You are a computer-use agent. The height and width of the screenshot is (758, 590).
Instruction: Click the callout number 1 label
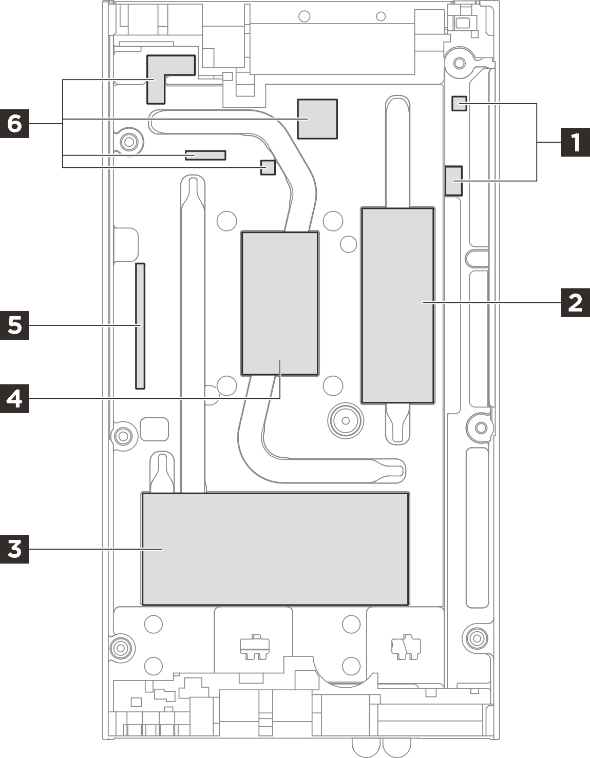click(x=575, y=142)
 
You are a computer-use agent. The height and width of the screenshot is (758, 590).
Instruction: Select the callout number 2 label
click(x=575, y=303)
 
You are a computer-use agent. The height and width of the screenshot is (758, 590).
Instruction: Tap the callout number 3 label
click(x=14, y=549)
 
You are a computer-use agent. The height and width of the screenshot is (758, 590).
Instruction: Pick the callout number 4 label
click(x=14, y=399)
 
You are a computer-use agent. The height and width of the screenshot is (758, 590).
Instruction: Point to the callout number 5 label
click(x=14, y=325)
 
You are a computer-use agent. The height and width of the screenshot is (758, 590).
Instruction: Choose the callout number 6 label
click(x=14, y=124)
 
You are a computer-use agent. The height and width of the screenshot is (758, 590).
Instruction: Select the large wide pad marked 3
click(x=275, y=549)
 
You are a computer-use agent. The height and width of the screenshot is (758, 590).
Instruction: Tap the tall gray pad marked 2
click(x=398, y=305)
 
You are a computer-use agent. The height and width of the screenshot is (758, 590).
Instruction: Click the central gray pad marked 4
click(x=280, y=303)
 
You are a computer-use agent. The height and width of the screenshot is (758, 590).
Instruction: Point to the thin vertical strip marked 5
click(x=140, y=326)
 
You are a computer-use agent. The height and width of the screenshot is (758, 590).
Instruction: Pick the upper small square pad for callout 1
click(x=459, y=104)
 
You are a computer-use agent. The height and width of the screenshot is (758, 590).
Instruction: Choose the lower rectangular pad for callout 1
click(x=453, y=181)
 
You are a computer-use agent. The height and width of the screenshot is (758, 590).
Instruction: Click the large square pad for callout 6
click(x=317, y=119)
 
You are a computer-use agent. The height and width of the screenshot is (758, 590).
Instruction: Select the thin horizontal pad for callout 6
click(x=205, y=155)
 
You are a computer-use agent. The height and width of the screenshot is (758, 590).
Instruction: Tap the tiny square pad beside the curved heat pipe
click(x=268, y=167)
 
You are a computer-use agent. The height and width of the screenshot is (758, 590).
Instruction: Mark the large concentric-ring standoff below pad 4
click(x=346, y=421)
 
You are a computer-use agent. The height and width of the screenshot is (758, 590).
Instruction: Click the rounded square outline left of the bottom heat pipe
click(x=154, y=430)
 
